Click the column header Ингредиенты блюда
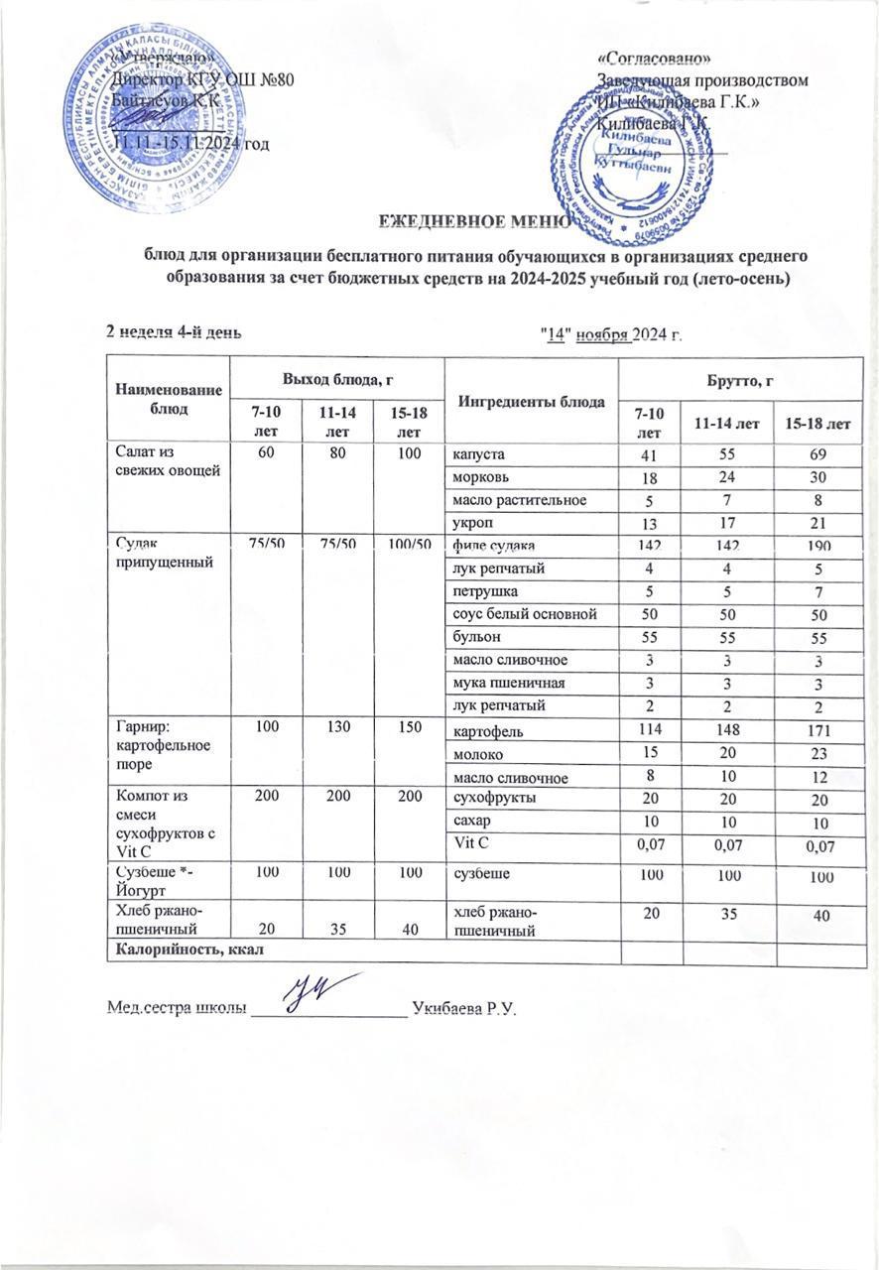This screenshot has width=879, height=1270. tap(531, 402)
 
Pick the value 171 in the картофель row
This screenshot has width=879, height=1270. tap(816, 732)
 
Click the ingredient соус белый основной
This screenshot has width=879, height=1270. tap(525, 615)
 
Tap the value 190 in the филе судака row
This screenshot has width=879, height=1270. tap(816, 546)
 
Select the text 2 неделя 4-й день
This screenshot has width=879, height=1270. tap(174, 331)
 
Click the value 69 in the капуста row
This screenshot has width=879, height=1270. tap(816, 454)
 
